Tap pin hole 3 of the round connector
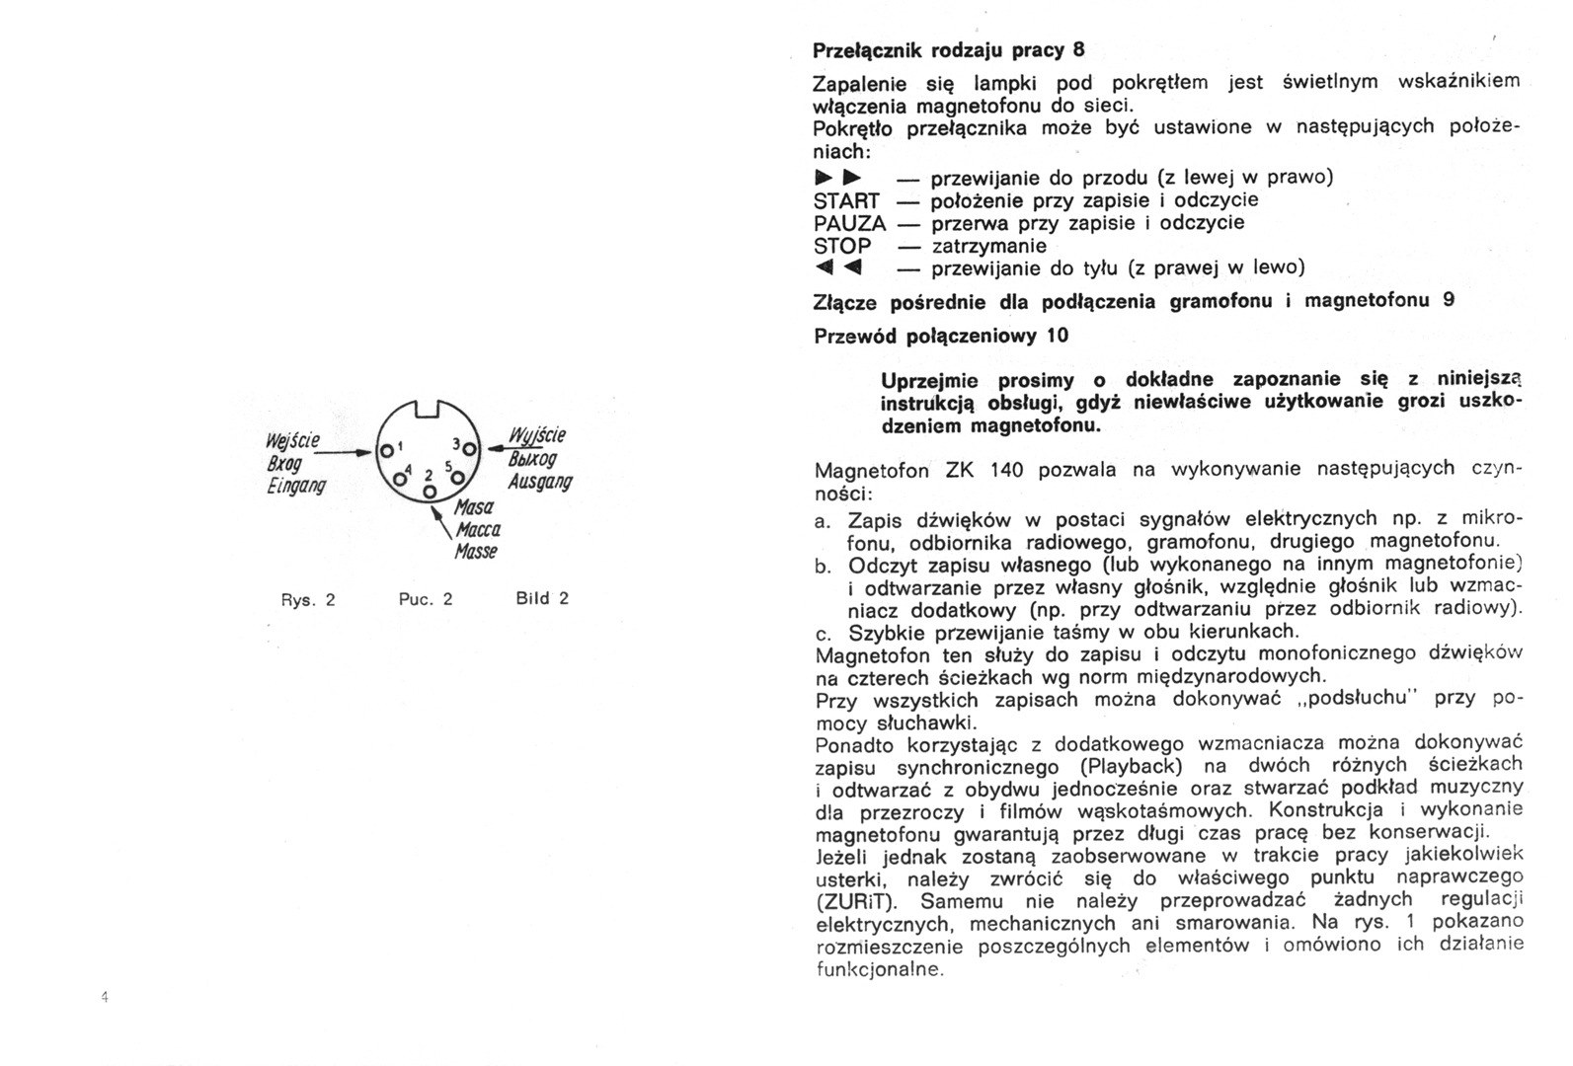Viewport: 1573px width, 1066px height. (469, 451)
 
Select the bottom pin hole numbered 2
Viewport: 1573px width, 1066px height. (430, 491)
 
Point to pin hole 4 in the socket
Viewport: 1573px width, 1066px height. (400, 479)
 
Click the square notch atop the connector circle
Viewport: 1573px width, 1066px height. (429, 408)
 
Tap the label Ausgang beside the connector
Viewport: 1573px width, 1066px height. (539, 482)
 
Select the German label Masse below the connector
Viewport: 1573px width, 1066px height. (476, 551)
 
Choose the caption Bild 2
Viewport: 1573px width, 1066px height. (542, 598)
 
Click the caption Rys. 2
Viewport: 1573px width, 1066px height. (308, 599)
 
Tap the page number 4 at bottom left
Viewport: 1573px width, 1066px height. (104, 997)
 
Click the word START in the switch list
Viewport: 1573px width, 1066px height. (846, 201)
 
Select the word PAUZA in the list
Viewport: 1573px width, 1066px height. (849, 224)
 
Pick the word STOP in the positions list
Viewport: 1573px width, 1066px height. (842, 246)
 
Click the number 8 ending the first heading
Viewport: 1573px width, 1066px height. (1078, 49)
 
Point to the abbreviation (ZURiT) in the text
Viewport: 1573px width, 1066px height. (856, 902)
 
